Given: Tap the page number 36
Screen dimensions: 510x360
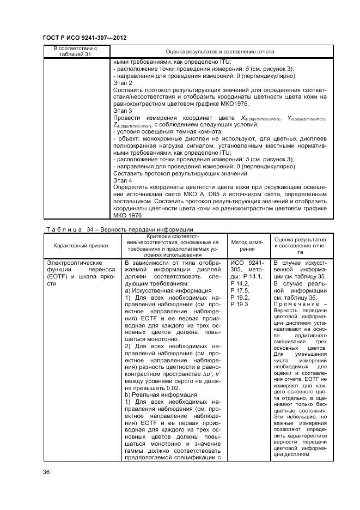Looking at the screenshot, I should click(46, 472).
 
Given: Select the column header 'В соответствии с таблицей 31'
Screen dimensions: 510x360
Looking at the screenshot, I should click(75, 51).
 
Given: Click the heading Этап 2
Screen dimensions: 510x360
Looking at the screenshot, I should click(123, 83).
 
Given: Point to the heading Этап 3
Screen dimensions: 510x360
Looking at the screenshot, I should click(123, 111).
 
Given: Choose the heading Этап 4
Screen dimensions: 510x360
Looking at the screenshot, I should click(123, 180).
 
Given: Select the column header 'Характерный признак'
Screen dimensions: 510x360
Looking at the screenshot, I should click(81, 246).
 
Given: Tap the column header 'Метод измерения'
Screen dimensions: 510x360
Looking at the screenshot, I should click(248, 245).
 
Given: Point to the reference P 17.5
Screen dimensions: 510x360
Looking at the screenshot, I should click(240, 291).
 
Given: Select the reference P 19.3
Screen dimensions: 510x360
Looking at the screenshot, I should click(240, 305).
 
